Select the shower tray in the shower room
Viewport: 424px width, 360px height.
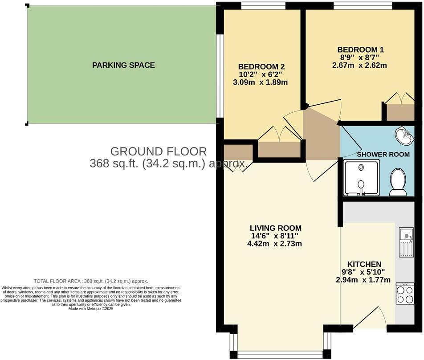coord(362,178)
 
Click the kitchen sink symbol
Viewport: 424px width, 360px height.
coord(406,242)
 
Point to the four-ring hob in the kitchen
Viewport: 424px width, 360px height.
coord(405,294)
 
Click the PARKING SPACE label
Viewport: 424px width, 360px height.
coord(123,65)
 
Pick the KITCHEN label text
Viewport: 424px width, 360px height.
coord(364,264)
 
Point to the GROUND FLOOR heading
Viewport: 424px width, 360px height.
coord(159,151)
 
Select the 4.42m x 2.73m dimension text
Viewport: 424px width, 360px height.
coord(275,244)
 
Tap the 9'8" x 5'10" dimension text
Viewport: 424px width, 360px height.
coord(363,272)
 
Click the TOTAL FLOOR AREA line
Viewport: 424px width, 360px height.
coord(91,281)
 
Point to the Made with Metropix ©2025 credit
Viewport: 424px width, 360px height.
coord(91,309)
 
